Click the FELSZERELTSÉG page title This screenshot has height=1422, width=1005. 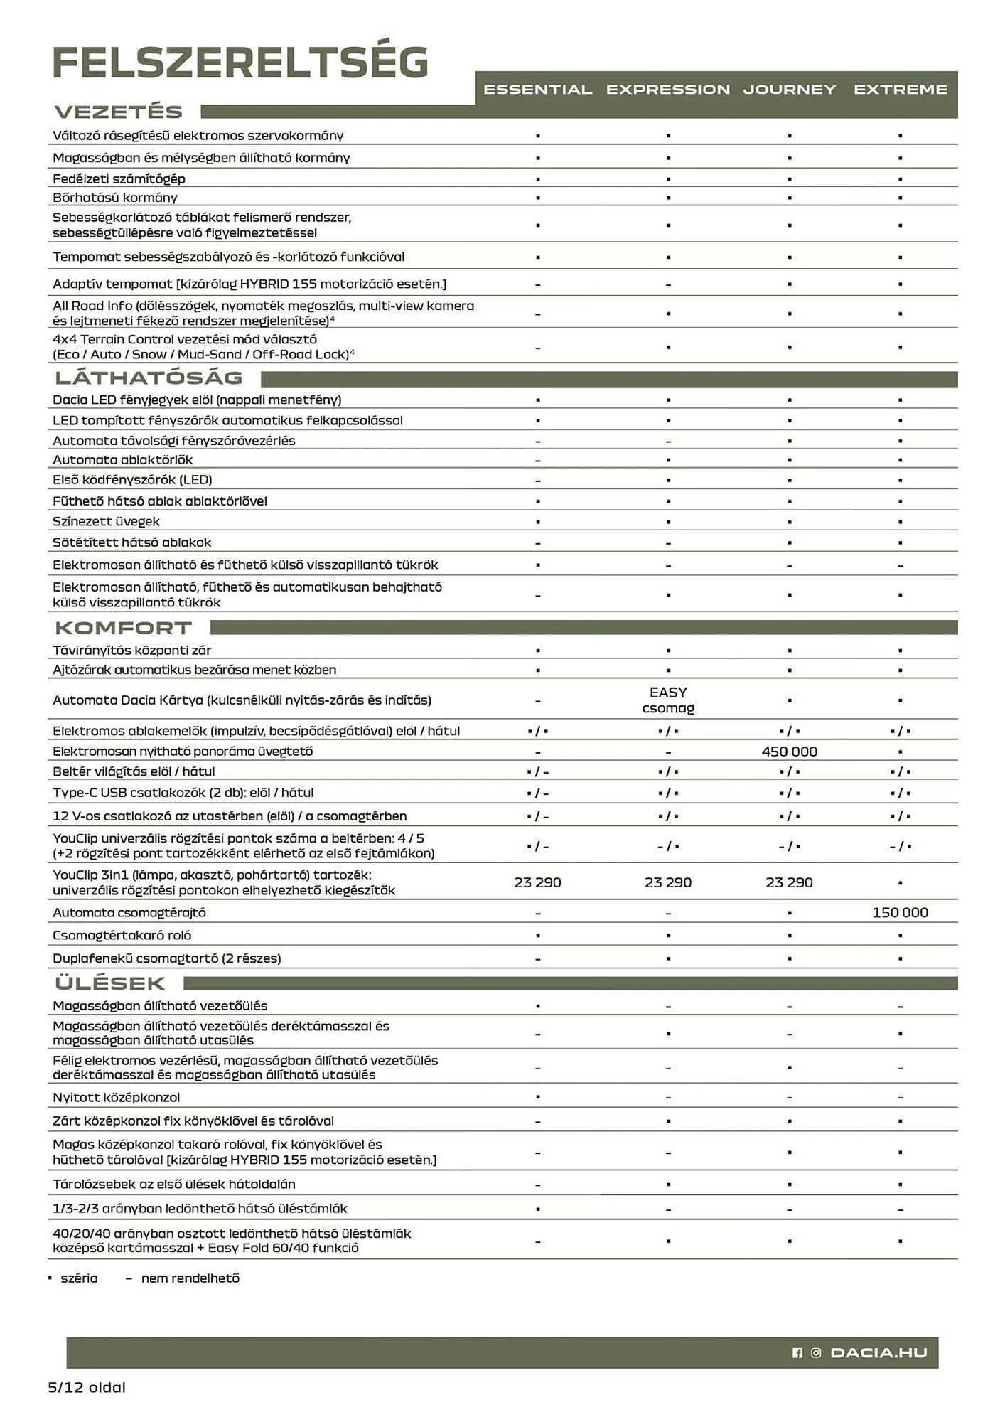click(x=240, y=63)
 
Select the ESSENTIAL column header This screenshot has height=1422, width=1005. click(x=537, y=90)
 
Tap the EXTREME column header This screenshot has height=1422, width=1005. click(x=900, y=90)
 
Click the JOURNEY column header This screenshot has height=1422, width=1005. click(x=789, y=90)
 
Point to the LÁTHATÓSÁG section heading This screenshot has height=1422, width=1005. click(x=149, y=378)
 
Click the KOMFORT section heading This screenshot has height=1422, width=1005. click(x=124, y=628)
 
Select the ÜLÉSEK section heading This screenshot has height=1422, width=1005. click(x=110, y=983)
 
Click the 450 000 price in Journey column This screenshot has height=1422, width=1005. click(x=789, y=752)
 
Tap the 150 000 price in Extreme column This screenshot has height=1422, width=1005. click(x=900, y=913)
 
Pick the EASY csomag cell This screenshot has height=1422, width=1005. click(x=668, y=700)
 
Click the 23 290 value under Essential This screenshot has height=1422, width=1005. click(x=537, y=882)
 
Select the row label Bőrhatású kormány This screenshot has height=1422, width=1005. click(x=115, y=198)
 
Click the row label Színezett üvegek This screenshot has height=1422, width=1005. click(x=106, y=522)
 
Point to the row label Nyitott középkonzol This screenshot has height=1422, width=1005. click(x=116, y=1097)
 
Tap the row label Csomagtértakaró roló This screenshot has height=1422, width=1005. click(x=122, y=936)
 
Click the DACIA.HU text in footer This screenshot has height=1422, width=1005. click(x=878, y=1353)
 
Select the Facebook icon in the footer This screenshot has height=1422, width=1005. click(x=797, y=1353)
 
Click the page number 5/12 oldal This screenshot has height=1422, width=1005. click(x=87, y=1387)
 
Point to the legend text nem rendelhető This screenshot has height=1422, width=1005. click(x=190, y=1278)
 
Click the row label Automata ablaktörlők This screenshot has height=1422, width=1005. click(x=122, y=460)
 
